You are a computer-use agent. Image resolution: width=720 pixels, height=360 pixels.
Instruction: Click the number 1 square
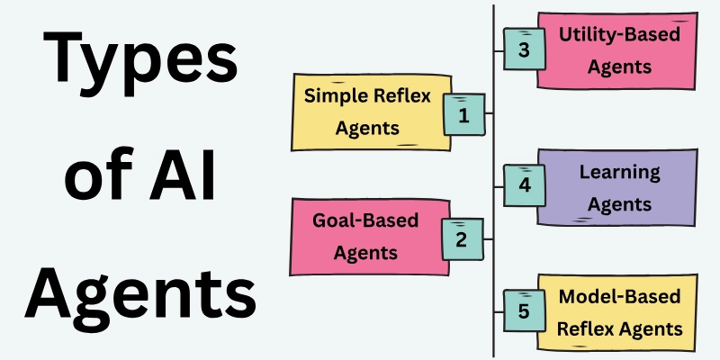463,114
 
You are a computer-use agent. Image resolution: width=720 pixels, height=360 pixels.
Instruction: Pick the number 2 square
461,238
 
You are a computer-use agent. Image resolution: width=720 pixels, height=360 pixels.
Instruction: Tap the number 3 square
524,49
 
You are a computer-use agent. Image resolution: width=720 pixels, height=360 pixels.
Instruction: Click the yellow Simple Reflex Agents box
369,112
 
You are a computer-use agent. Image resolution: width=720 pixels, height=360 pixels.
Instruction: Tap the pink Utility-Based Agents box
616,49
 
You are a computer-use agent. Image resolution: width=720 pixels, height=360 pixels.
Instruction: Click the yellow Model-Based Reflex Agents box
617,312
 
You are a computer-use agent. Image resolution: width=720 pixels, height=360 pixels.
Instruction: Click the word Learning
619,172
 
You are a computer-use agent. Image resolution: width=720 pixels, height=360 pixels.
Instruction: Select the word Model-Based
619,298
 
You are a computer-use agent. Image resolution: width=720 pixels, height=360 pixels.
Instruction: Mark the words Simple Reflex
366,96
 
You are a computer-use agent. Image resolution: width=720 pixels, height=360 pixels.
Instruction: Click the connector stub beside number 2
487,238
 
